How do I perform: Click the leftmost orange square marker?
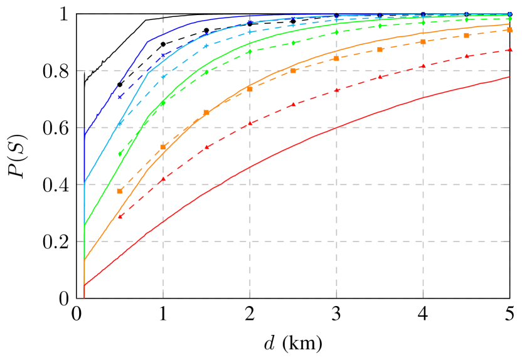click(120, 191)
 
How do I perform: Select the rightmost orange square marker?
click(509, 29)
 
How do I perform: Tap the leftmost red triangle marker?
click(120, 216)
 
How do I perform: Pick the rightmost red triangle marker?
click(509, 50)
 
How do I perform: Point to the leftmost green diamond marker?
click(120, 154)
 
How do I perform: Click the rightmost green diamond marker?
click(509, 19)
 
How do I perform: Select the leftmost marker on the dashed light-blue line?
click(120, 121)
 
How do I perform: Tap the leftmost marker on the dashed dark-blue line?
click(120, 97)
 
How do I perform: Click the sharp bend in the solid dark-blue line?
click(148, 42)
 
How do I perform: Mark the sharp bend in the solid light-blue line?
click(148, 73)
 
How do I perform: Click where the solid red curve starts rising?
click(84, 286)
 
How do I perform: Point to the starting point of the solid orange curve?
click(84, 260)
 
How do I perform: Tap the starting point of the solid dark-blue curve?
click(84, 134)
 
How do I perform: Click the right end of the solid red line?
click(509, 77)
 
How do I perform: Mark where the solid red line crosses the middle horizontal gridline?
click(337, 127)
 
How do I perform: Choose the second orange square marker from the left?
click(163, 147)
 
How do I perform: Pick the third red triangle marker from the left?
click(206, 147)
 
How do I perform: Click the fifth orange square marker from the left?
click(293, 71)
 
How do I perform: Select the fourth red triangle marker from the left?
click(250, 124)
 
